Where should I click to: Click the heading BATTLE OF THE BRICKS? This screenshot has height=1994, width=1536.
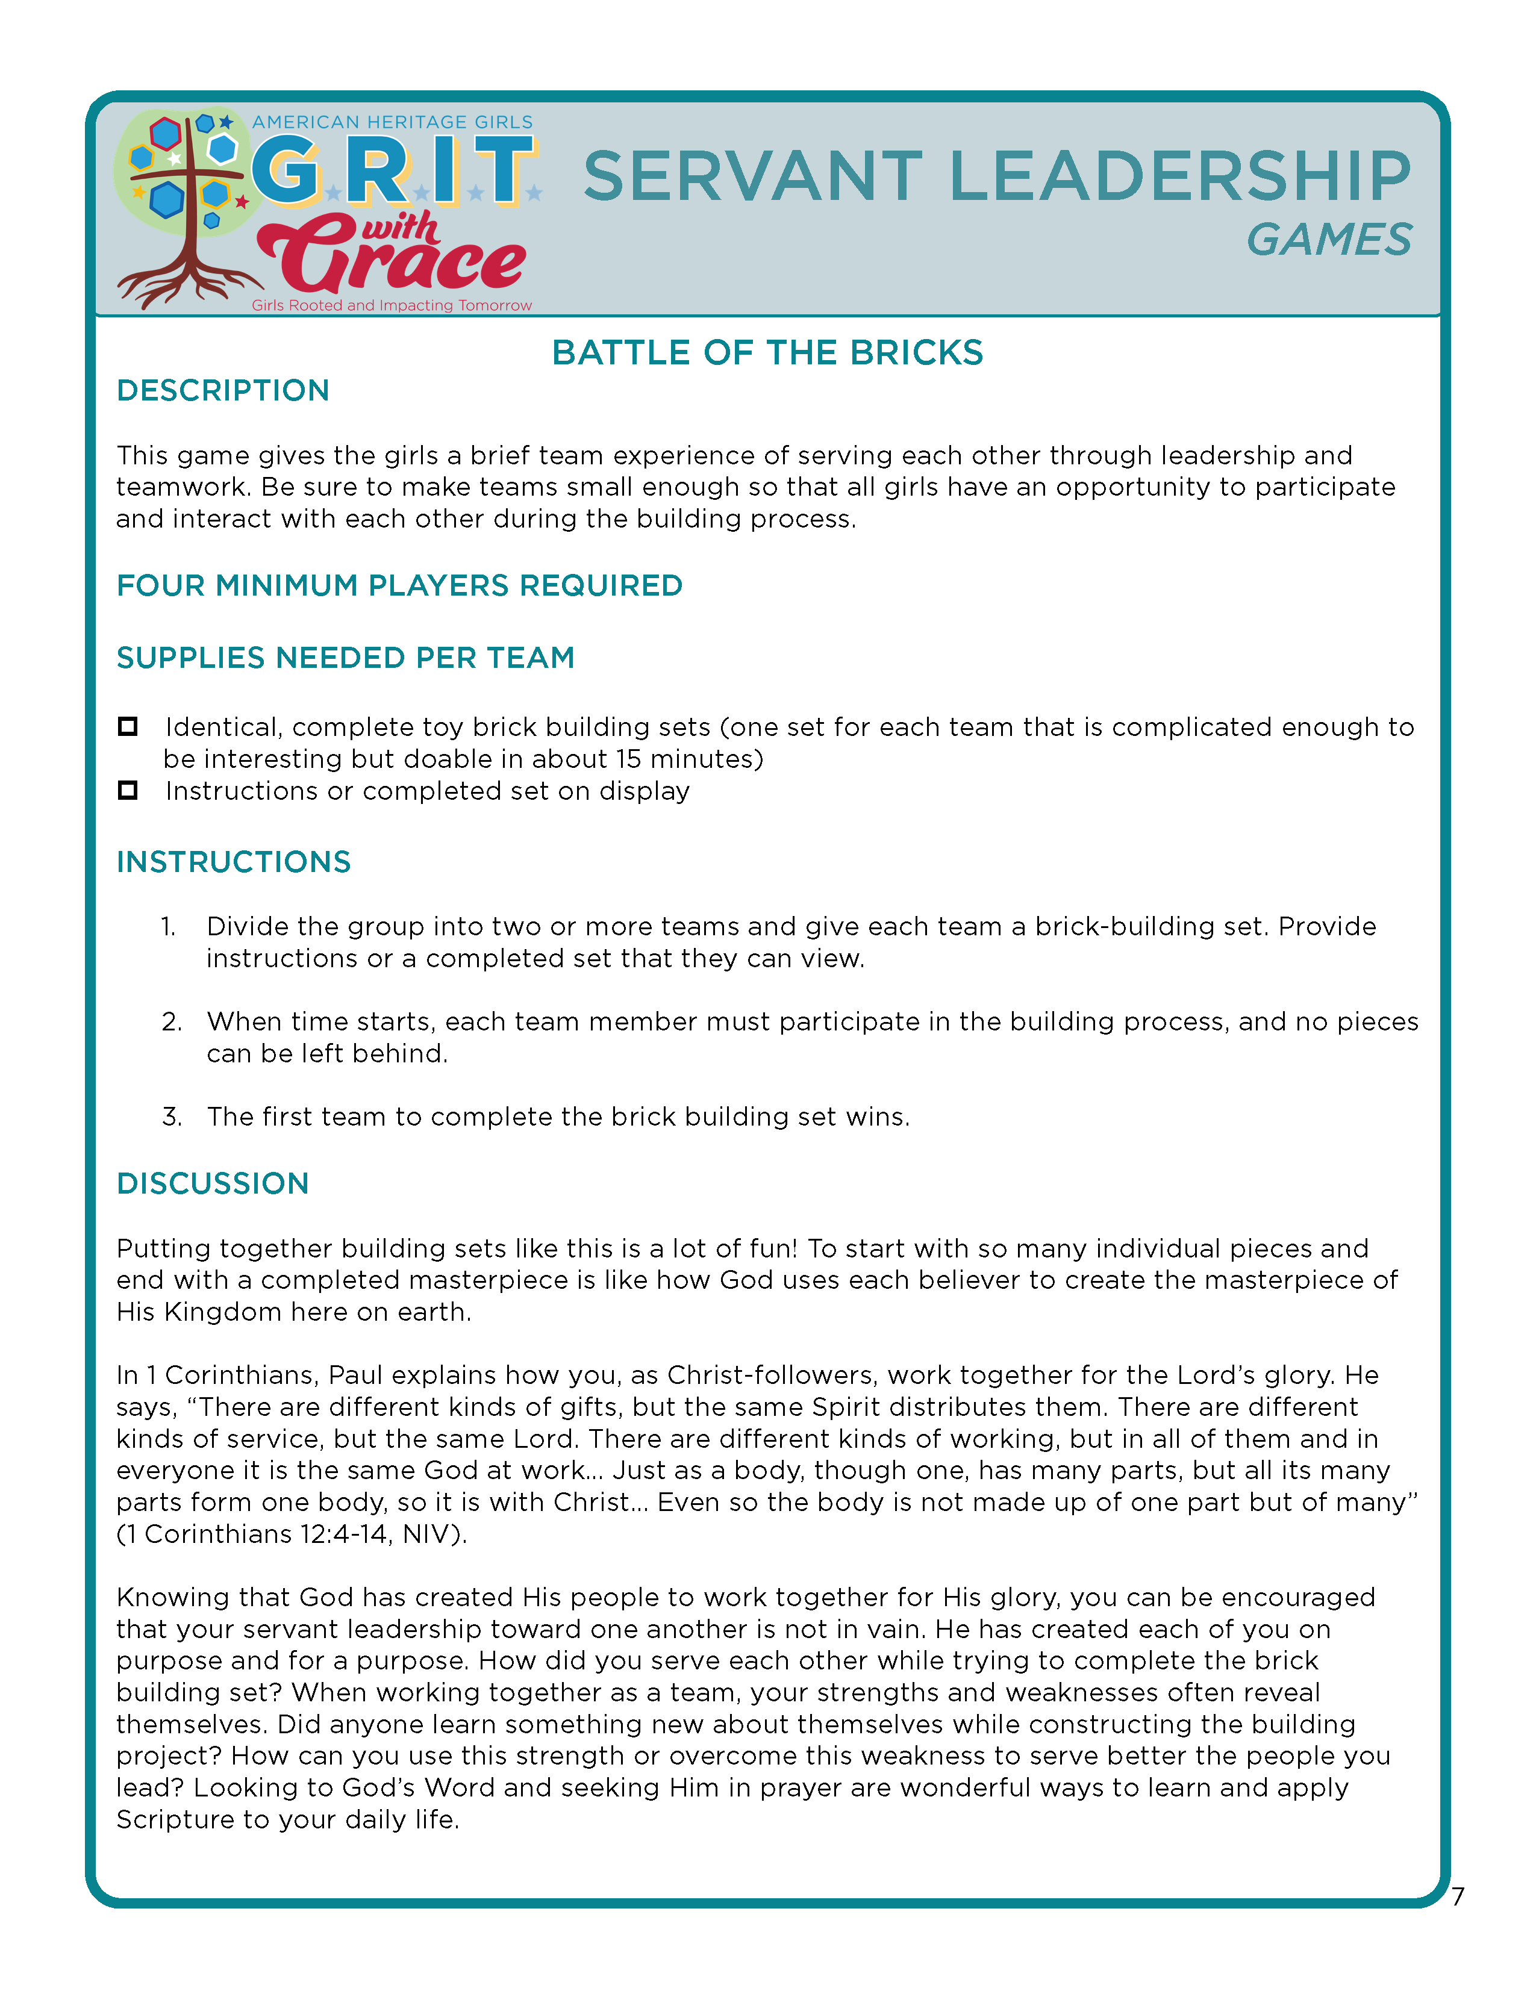pos(767,352)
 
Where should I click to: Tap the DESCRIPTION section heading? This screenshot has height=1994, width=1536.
pos(223,391)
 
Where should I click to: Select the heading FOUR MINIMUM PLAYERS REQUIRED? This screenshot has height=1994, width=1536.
pos(399,585)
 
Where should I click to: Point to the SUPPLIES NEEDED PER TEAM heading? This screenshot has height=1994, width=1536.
pos(345,658)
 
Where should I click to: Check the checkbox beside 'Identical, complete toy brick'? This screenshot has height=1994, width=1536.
pos(128,727)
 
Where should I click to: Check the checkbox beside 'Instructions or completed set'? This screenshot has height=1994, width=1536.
pos(128,791)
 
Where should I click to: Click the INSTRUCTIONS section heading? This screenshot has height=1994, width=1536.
pos(233,862)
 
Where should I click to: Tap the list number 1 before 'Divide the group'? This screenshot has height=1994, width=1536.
pos(169,927)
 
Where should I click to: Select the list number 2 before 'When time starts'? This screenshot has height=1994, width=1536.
pos(172,1021)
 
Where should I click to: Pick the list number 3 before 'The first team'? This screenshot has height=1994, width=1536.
pos(172,1117)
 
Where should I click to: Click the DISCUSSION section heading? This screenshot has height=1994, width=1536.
pos(213,1183)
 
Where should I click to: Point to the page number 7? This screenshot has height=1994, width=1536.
pos(1458,1897)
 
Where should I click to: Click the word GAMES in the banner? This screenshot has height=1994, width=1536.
pos(1329,240)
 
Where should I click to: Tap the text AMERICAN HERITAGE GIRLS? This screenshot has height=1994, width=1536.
pos(393,122)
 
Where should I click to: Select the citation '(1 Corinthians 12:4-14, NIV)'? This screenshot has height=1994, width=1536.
pos(292,1534)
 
